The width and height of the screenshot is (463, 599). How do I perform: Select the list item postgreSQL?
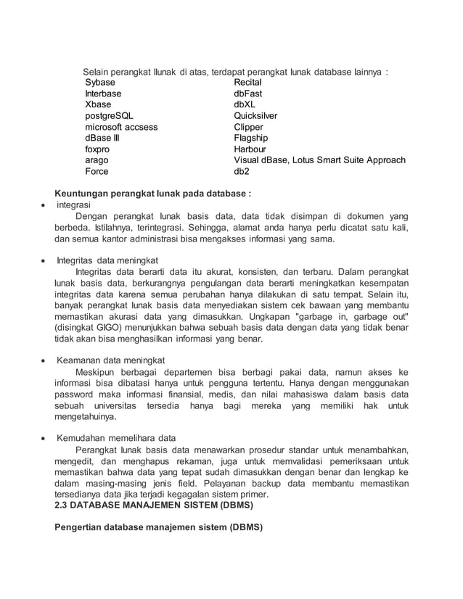[x=109, y=116]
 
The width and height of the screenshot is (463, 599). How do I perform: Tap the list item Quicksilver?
[x=255, y=116]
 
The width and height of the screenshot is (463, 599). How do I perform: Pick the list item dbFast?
[x=247, y=94]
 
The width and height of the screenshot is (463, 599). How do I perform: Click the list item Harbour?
[x=250, y=149]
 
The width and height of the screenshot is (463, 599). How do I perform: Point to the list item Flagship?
[x=250, y=138]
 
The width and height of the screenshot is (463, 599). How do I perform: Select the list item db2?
[x=241, y=172]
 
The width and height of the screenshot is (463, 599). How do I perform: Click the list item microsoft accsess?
[x=121, y=127]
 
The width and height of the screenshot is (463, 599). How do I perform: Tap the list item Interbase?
[x=103, y=94]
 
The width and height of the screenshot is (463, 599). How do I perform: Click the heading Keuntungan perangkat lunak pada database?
[x=153, y=194]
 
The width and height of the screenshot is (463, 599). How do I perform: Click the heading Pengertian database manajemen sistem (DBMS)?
[x=158, y=527]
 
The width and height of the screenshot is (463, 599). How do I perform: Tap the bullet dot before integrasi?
[x=44, y=206]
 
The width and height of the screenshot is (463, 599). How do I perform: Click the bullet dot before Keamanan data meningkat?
[x=44, y=360]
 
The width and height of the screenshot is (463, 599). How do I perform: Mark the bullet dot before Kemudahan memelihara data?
[x=44, y=439]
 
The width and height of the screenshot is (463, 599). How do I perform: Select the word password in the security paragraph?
[x=78, y=394]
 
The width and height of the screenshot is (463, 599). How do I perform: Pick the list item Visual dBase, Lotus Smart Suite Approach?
[x=319, y=160]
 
